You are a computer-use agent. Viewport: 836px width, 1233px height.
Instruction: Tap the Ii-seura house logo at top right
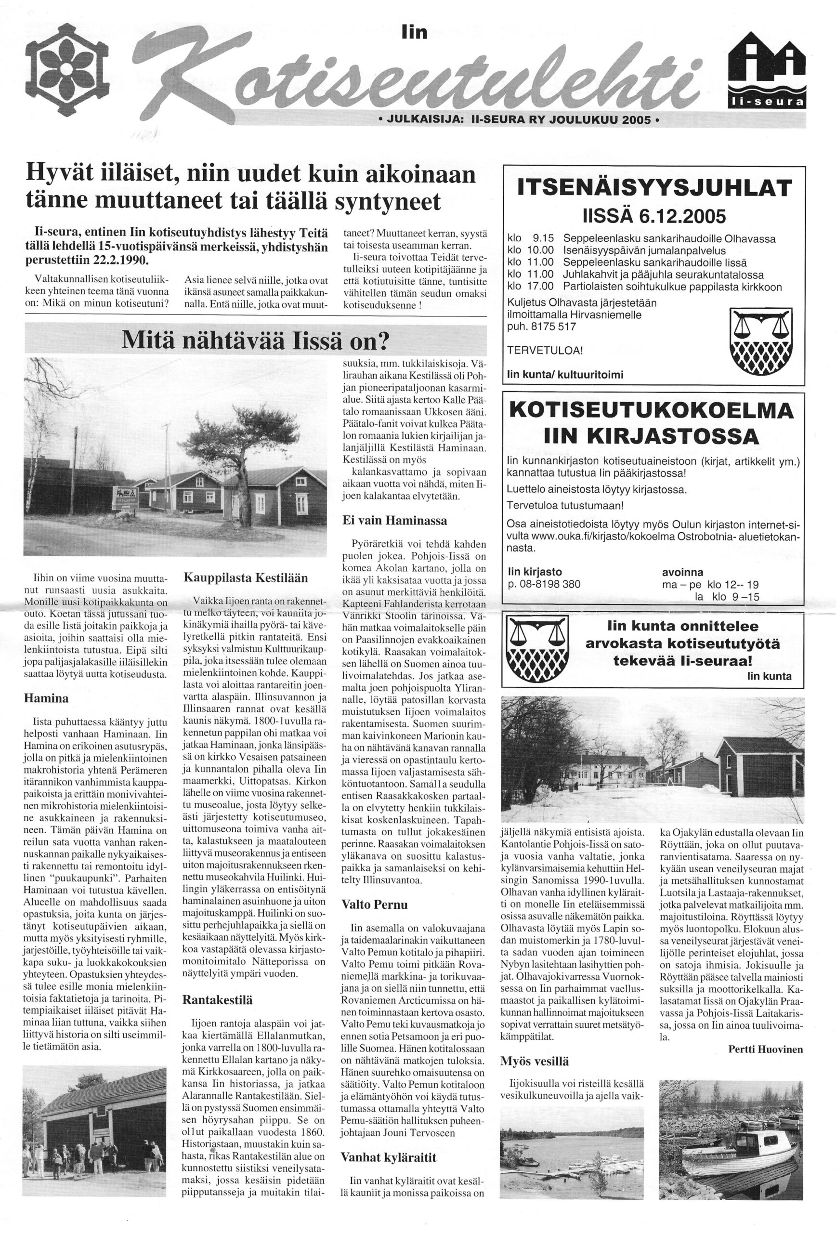tap(767, 69)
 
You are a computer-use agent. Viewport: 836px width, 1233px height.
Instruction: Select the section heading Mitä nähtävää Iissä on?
tap(256, 340)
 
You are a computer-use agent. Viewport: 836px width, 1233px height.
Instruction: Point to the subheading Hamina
tap(46, 698)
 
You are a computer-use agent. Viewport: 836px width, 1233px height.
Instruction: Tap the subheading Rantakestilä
tap(218, 999)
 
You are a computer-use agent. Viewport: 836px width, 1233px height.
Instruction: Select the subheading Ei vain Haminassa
tap(394, 521)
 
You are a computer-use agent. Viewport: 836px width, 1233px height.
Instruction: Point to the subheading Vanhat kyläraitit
tap(388, 1156)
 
